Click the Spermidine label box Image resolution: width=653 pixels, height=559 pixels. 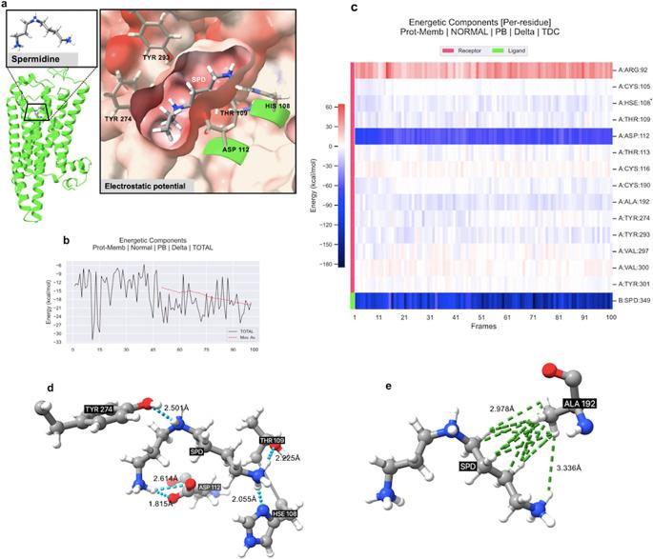(x=35, y=60)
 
